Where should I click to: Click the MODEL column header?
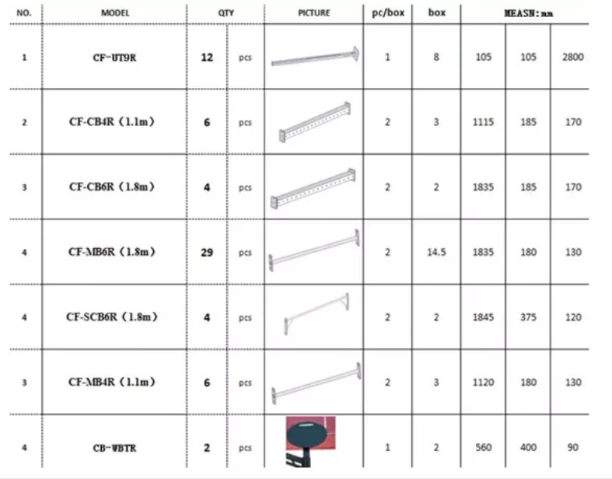(x=115, y=13)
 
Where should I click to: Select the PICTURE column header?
(x=314, y=13)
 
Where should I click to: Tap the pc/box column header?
(x=388, y=13)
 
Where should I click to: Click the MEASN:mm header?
(x=529, y=14)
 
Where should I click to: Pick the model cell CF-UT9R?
(x=114, y=58)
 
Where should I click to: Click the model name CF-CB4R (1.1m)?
(x=112, y=122)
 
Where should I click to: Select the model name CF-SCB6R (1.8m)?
(x=112, y=316)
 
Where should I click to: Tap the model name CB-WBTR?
(x=114, y=448)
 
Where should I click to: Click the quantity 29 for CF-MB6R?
(x=207, y=253)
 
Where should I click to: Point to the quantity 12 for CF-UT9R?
(x=207, y=58)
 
